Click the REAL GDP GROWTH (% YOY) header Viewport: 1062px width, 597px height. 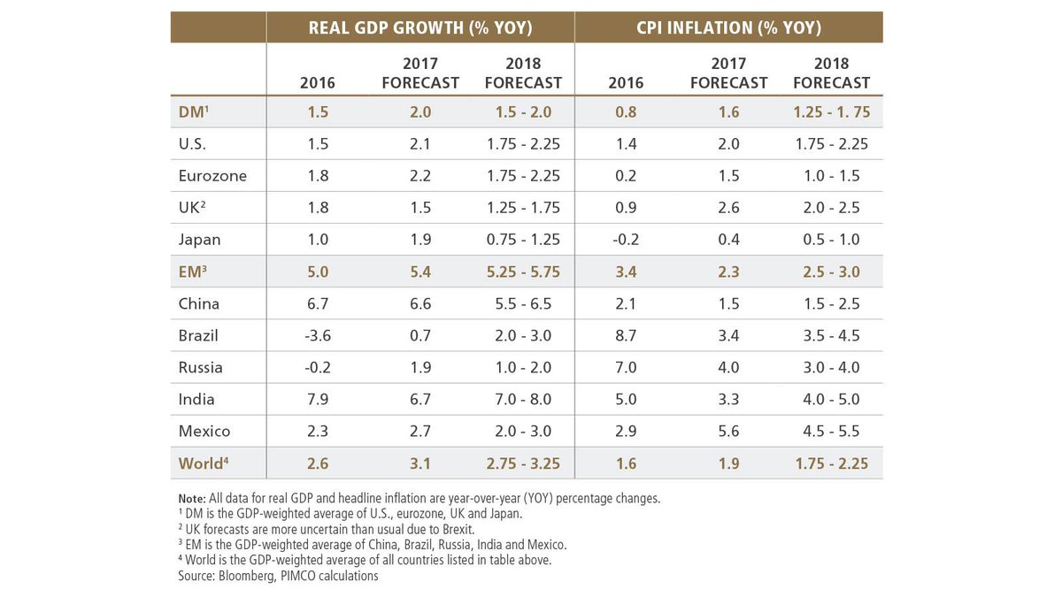[420, 27]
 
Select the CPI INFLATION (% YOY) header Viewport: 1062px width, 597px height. [729, 27]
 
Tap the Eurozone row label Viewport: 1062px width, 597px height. [212, 176]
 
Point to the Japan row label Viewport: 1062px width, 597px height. [199, 240]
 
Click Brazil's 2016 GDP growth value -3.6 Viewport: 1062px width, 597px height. [317, 335]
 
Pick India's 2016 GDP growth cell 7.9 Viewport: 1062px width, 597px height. [317, 399]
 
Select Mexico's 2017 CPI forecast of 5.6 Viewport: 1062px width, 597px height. [728, 431]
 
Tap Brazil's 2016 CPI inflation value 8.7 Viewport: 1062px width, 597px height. [626, 335]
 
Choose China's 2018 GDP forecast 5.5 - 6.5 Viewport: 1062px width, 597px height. [523, 303]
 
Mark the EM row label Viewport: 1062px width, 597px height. [192, 272]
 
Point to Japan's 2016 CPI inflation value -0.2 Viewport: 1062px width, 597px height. [626, 240]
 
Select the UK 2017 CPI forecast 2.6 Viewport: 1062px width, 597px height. [728, 208]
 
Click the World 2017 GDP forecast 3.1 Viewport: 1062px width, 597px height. [420, 463]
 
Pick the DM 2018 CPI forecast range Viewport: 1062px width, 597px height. [831, 112]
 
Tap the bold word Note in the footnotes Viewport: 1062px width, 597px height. [193, 498]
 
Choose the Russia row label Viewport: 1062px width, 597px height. [200, 367]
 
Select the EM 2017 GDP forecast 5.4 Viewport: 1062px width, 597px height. [420, 272]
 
